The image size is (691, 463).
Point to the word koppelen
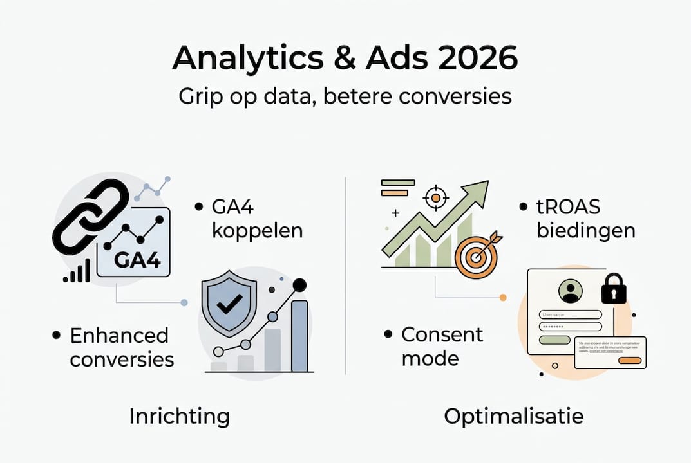click(257, 231)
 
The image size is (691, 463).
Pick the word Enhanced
click(119, 335)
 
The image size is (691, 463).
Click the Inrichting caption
click(179, 417)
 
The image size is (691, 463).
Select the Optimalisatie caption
click(513, 417)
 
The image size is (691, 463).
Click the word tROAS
click(569, 208)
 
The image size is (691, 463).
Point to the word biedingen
click(584, 231)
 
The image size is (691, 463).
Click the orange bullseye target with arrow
click(477, 255)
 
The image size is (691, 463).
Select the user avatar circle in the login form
click(570, 291)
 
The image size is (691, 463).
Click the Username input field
click(571, 314)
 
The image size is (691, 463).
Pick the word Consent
click(442, 334)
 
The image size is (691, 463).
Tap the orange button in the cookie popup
click(630, 361)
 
